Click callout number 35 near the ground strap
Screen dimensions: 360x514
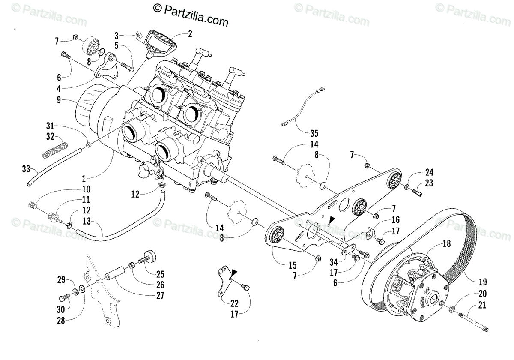314,132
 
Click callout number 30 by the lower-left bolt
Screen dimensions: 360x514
62,309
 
